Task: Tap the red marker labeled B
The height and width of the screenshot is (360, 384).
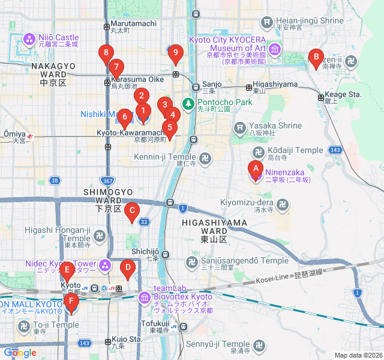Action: [315, 58]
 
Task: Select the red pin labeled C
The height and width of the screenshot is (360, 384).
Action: [131, 211]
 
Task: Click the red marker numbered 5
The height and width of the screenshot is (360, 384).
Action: [170, 127]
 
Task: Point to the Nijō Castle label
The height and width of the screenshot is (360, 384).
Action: [59, 37]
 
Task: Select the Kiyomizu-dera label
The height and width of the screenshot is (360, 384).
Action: [247, 203]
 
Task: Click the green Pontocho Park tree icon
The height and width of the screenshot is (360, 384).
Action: [188, 104]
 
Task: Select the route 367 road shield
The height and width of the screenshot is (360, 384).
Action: [107, 181]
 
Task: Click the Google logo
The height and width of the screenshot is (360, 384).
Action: [20, 353]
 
